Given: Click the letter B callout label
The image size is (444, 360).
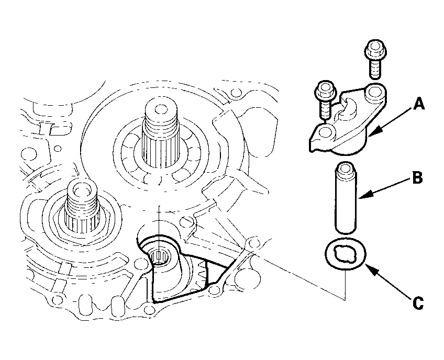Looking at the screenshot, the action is point(417,178).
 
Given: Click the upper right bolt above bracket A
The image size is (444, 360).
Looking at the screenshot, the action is point(375,60).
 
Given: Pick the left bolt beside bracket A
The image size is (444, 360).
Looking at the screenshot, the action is point(325,100).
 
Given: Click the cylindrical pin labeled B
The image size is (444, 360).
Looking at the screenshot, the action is point(346,198).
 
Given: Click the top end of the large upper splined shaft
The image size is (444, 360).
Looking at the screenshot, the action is point(161,109).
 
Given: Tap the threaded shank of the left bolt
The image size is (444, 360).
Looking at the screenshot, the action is point(326,109).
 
